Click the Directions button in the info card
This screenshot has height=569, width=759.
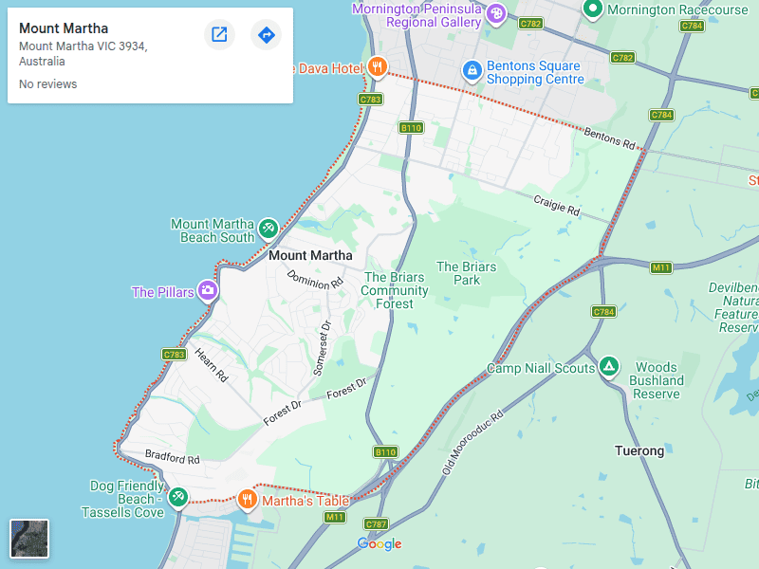tap(267, 35)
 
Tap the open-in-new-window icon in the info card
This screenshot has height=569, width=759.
tap(219, 35)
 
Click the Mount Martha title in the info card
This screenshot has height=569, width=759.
tap(64, 28)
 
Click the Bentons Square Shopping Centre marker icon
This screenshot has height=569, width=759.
tap(472, 70)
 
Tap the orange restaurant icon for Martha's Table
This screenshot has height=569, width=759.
tap(248, 499)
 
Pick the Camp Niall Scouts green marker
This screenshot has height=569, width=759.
tap(609, 366)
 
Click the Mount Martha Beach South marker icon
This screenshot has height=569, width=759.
tap(268, 229)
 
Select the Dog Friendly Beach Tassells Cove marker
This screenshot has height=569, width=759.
tap(177, 496)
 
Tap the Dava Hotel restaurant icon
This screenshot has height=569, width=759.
tap(378, 66)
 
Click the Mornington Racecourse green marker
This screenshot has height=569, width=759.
tap(593, 9)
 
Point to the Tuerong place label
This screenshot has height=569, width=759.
tap(639, 450)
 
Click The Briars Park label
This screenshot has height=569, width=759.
tap(466, 273)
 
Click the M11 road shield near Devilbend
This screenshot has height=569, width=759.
tap(661, 267)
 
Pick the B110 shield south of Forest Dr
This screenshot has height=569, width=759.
tap(385, 452)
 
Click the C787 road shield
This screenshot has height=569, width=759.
tap(377, 524)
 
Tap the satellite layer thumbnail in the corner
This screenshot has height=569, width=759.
tap(29, 539)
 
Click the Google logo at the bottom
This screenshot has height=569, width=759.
tap(379, 543)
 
